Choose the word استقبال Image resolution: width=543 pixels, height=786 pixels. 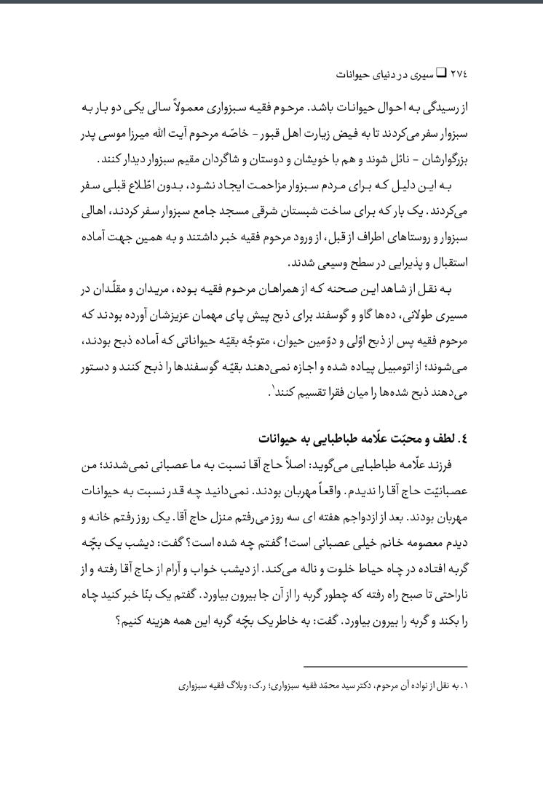point(447,262)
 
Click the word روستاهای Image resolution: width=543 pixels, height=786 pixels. point(382,236)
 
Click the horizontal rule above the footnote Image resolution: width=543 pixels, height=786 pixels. point(385,667)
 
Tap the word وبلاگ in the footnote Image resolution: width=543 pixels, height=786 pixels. point(247,686)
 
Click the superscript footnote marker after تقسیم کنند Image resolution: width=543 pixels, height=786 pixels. point(272,387)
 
